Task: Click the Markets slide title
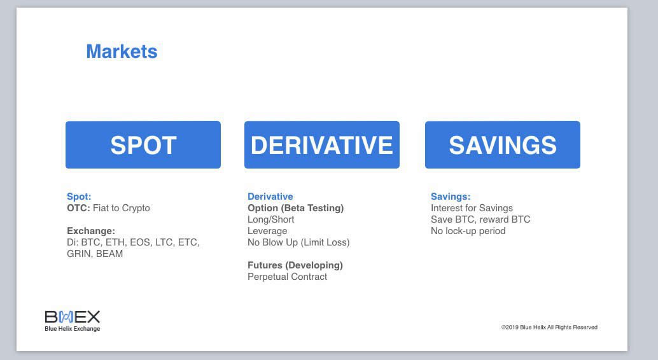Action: pos(122,52)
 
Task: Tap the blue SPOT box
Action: pos(143,145)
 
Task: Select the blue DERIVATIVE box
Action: pos(322,145)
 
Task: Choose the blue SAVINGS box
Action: pos(503,145)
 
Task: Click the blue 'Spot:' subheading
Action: pos(79,197)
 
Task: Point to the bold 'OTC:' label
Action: pos(78,208)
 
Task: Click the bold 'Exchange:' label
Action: pos(91,231)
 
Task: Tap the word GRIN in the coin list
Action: pos(78,254)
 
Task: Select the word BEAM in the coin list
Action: pos(109,254)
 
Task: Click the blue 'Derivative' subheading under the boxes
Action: pos(270,197)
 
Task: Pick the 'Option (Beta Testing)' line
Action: pos(296,208)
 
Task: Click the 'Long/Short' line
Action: pos(271,219)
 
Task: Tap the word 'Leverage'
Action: pos(267,231)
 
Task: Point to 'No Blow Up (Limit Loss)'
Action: pos(299,242)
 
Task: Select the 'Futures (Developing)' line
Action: pos(295,265)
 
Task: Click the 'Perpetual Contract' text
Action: pos(288,277)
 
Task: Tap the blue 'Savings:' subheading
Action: pos(451,197)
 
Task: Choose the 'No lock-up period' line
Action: pos(468,231)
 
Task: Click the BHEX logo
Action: pos(72,321)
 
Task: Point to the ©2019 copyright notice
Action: pos(549,328)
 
